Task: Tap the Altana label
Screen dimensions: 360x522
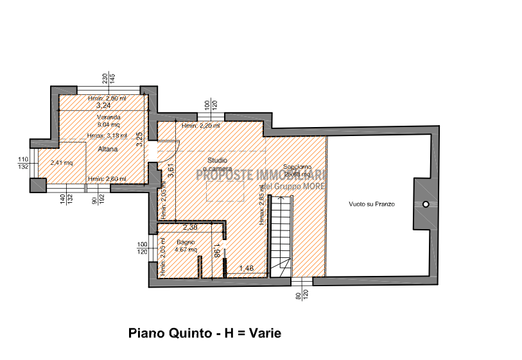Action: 107,149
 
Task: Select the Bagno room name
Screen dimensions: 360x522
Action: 177,243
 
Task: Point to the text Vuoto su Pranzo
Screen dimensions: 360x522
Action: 371,204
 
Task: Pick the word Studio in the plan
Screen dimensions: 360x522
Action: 216,160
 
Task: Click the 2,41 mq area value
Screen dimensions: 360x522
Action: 62,162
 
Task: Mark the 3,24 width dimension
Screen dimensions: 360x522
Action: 103,105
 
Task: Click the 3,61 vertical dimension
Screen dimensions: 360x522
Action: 171,171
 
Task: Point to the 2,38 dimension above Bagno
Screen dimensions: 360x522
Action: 190,227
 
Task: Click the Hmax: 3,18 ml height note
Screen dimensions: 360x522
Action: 107,135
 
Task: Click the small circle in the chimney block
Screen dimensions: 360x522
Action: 425,204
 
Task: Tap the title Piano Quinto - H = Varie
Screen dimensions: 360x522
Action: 205,333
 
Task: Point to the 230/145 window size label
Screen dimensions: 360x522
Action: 108,78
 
